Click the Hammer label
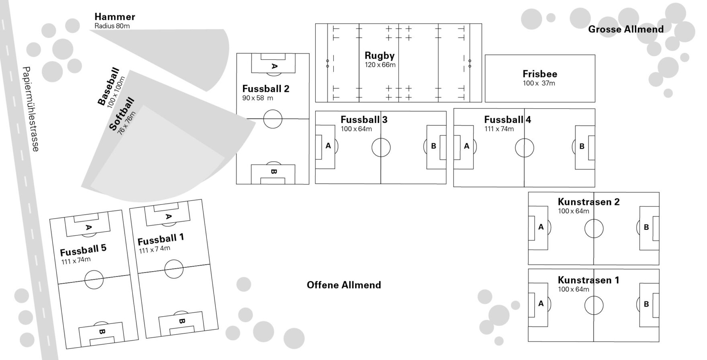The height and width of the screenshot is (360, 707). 115,17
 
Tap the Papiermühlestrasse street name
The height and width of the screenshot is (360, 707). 31,109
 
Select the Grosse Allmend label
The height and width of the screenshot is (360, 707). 626,29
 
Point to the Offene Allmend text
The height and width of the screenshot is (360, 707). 344,285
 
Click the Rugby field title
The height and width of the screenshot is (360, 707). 380,55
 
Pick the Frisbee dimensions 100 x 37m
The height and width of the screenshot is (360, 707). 539,83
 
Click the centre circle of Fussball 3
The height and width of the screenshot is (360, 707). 381,147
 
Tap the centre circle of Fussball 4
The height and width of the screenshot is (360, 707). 524,148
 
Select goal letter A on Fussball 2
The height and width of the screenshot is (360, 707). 274,66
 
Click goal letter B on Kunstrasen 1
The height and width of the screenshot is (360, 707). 646,304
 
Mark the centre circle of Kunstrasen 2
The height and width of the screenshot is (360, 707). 594,229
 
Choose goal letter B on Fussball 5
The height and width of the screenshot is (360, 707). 102,332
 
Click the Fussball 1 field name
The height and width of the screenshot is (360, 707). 161,239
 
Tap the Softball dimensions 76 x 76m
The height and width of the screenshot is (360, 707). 127,123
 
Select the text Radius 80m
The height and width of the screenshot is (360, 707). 112,26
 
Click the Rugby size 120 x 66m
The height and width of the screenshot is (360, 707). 380,65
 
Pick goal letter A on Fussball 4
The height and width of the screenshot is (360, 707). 466,146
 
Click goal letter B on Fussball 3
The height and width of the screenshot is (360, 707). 433,146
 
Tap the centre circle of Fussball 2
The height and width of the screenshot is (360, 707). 273,119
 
